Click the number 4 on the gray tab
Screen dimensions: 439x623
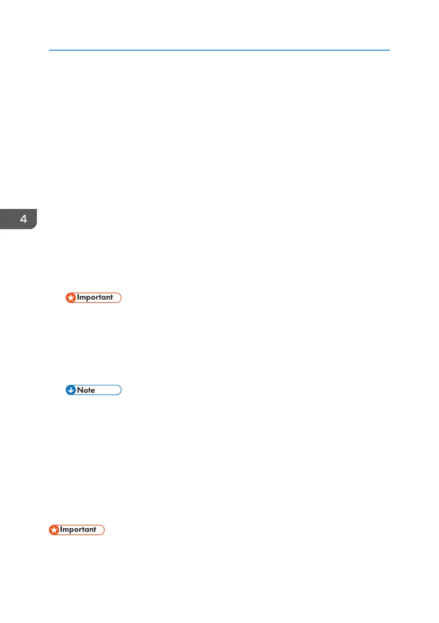[x=23, y=219]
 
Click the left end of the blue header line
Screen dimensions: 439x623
[x=50, y=50]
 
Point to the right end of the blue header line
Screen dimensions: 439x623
[x=389, y=50]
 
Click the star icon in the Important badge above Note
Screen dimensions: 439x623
[x=71, y=298]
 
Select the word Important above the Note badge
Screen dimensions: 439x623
[x=95, y=298]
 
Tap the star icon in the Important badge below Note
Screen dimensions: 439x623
[x=54, y=530]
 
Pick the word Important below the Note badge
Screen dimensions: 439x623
[x=78, y=530]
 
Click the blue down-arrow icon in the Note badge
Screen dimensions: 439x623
[x=71, y=390]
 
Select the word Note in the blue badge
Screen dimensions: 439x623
[x=86, y=390]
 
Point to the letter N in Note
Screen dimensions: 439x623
[x=80, y=390]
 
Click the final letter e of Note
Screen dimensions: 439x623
[x=92, y=391]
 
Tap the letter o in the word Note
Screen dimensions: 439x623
[x=85, y=391]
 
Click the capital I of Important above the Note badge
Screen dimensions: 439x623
[x=78, y=298]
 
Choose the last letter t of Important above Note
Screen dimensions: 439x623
[x=111, y=298]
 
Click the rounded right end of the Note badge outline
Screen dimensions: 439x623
[x=120, y=390]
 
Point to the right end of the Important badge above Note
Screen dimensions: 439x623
[x=120, y=298]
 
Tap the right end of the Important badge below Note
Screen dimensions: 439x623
[x=103, y=530]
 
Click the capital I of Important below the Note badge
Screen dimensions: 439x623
[x=61, y=530]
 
